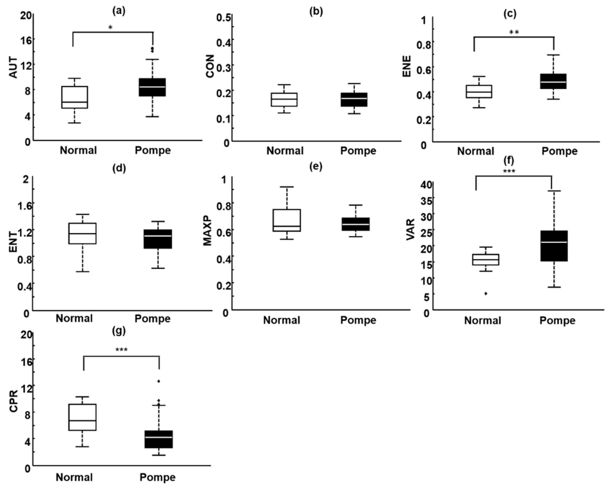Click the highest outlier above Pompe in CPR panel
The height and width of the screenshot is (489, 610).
tap(159, 381)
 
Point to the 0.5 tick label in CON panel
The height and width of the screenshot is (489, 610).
tap(224, 18)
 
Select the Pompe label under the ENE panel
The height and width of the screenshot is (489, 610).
tap(559, 151)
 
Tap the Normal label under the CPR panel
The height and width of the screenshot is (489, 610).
tap(74, 477)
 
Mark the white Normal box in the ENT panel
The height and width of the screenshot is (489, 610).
tap(82, 233)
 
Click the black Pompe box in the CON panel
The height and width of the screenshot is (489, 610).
tap(354, 99)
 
